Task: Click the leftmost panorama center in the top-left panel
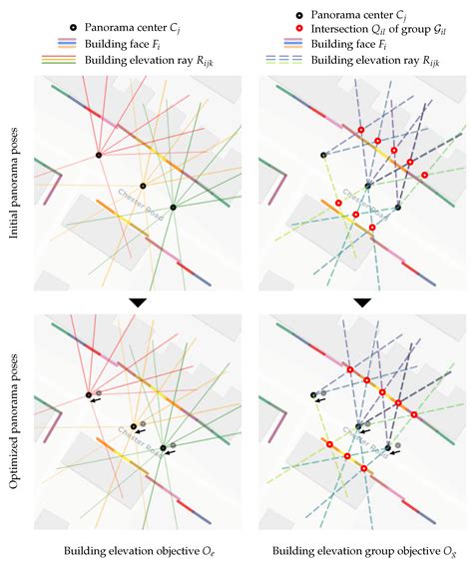[x=98, y=155]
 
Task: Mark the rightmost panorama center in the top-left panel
[x=173, y=207]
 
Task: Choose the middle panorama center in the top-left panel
[x=143, y=186]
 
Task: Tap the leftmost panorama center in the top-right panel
[x=322, y=155]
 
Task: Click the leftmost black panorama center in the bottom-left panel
[x=88, y=395]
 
